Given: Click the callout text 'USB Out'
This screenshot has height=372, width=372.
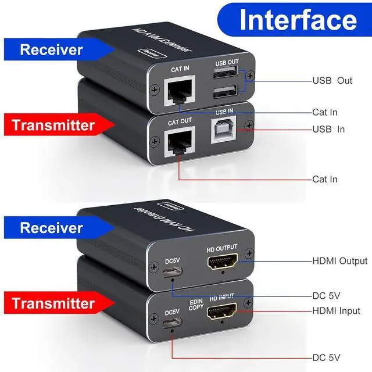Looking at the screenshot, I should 332,81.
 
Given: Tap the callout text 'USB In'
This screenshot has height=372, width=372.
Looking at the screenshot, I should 329,129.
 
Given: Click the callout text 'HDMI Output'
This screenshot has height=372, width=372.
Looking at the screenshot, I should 340,261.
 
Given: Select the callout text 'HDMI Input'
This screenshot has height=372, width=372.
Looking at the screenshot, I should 337,311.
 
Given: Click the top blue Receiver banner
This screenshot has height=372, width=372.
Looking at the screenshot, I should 51,49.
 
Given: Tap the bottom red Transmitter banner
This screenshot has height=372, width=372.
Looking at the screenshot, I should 53,303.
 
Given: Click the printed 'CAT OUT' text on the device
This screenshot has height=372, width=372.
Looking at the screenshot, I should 180,122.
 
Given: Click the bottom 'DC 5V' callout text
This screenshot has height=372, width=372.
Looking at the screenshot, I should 327,357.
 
